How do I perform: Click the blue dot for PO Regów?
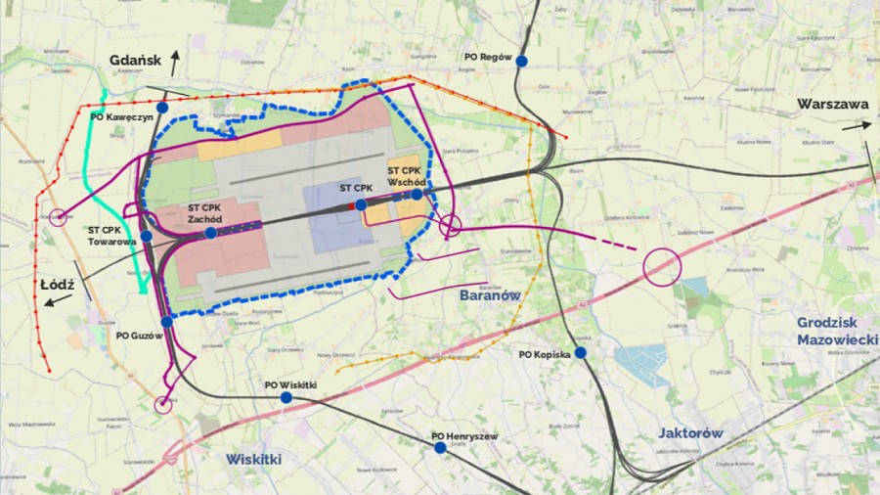click(522, 61)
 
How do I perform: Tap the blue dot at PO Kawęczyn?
click(162, 107)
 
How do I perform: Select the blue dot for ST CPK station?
click(361, 204)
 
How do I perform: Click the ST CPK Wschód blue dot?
click(417, 195)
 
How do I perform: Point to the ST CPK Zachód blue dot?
click(211, 233)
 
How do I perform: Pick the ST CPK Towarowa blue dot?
click(146, 236)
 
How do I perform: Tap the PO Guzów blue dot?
click(167, 321)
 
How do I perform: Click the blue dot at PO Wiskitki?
click(286, 398)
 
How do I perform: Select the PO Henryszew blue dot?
click(440, 448)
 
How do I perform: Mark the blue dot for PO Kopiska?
click(580, 352)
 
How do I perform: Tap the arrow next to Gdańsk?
click(176, 62)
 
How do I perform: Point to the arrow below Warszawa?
click(857, 126)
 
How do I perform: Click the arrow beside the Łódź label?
click(59, 299)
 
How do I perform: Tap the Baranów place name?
click(489, 294)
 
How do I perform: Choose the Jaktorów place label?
click(690, 431)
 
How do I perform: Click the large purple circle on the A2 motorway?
click(662, 266)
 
